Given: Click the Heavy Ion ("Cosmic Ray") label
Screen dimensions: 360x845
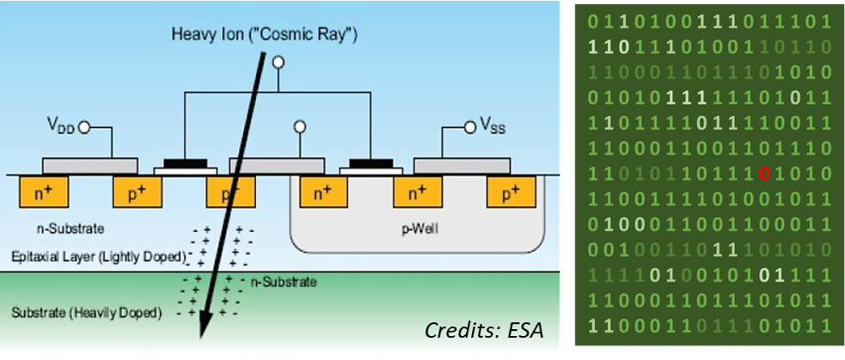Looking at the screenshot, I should (x=264, y=35).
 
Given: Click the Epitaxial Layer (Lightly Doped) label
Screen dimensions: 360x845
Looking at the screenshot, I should (x=98, y=257).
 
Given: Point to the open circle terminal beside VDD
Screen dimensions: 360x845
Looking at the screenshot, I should (x=84, y=128).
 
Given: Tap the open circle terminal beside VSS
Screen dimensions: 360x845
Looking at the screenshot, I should (x=469, y=128).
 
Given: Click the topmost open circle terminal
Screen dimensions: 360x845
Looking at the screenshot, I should (x=277, y=63).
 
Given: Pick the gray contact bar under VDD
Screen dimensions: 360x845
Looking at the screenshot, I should (x=89, y=164).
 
